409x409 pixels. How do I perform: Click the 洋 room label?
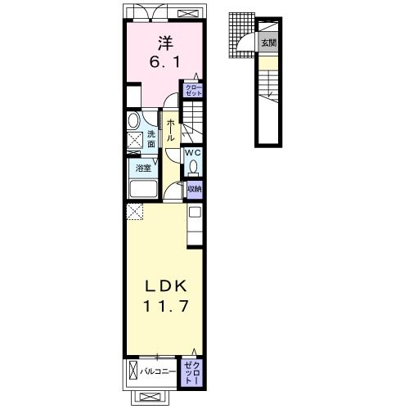165,43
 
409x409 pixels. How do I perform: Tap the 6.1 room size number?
164,62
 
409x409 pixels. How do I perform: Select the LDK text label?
166,286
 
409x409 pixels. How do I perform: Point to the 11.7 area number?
166,306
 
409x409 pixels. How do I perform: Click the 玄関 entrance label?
269,43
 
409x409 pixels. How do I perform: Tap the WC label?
193,152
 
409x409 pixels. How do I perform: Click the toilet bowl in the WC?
194,166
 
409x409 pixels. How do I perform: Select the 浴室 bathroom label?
143,168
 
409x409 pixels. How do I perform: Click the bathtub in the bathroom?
143,189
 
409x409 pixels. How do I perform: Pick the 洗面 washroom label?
151,139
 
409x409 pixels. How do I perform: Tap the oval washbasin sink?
133,120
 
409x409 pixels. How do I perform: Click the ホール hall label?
170,130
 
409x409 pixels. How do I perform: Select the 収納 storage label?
195,189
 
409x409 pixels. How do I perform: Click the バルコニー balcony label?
158,371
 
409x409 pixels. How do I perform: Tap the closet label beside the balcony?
192,373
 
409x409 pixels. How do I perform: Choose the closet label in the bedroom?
194,90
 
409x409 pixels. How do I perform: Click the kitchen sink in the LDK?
195,212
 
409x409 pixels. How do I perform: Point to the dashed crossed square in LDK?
134,212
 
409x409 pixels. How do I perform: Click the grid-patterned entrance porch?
241,35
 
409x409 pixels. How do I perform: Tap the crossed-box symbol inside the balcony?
133,370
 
